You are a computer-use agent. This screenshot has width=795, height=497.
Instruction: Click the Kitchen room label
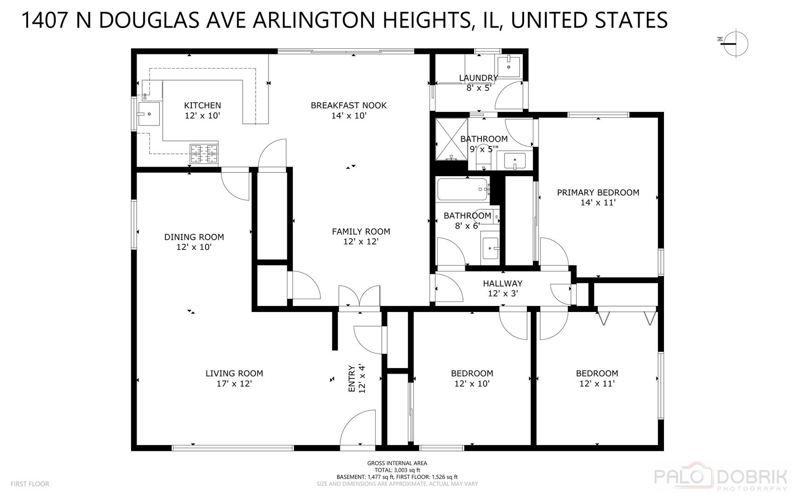(x=202, y=105)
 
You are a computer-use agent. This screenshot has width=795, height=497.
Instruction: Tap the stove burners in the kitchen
(x=204, y=154)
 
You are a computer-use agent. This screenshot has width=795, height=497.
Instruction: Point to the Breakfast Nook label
(x=349, y=105)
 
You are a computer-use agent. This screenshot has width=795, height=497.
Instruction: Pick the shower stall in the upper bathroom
(x=452, y=139)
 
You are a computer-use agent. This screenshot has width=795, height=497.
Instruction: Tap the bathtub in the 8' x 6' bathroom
(x=463, y=189)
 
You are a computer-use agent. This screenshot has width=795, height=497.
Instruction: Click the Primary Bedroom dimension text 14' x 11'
(x=598, y=202)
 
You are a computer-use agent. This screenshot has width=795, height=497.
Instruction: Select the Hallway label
(x=503, y=283)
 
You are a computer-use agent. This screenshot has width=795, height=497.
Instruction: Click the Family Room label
(x=361, y=231)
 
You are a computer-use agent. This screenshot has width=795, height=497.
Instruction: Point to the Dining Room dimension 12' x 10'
(x=194, y=247)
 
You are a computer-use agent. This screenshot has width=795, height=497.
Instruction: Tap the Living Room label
(x=234, y=373)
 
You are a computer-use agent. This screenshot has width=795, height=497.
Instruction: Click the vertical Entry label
(x=352, y=378)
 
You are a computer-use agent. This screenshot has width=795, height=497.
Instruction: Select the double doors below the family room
(x=360, y=297)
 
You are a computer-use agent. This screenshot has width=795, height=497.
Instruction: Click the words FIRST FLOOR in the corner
(x=30, y=484)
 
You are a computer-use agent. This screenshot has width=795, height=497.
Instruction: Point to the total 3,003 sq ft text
(x=397, y=470)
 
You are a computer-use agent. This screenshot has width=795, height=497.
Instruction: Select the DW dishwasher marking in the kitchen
(x=145, y=96)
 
